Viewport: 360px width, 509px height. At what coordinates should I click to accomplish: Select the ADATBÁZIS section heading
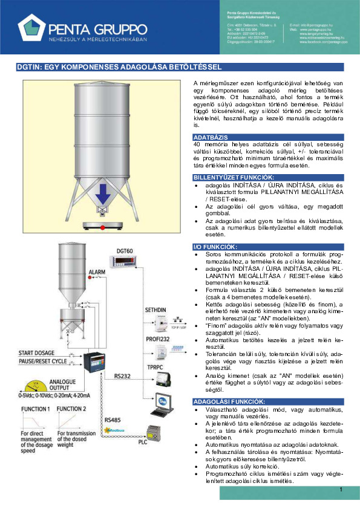[210, 138]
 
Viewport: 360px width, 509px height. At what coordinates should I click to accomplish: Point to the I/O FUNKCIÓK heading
[214, 247]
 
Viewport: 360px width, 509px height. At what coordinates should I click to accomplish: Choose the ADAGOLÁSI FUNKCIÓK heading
[228, 401]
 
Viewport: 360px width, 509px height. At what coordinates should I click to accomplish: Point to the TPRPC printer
[163, 378]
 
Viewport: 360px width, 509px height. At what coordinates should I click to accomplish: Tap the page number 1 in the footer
[341, 489]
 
